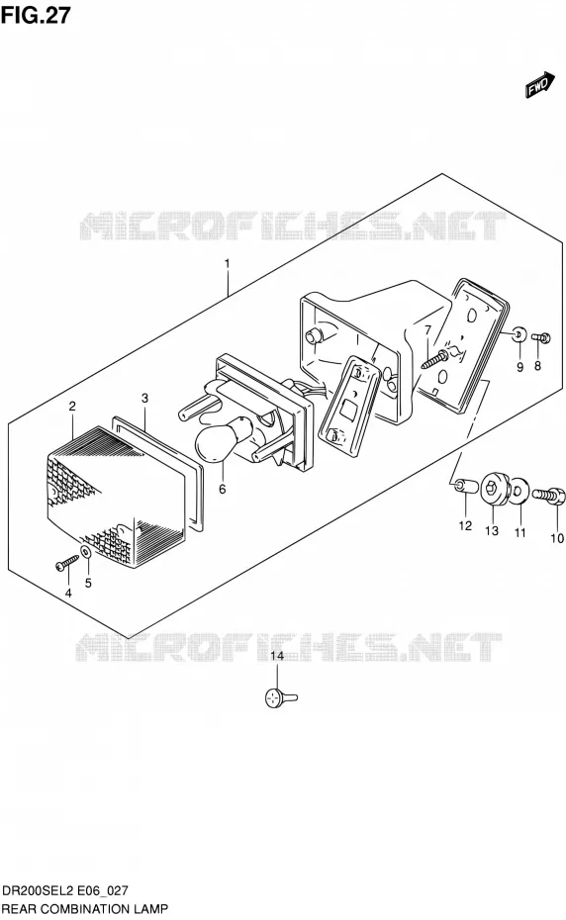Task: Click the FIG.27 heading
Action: pos(36,15)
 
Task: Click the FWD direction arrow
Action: pos(539,84)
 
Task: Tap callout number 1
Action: pos(228,263)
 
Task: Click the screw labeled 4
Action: pos(67,562)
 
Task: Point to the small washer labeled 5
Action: pos(86,552)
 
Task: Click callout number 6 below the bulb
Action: pos(222,488)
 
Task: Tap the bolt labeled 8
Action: pos(541,337)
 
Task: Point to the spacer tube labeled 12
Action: pos(465,486)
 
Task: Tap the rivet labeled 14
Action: pos(281,697)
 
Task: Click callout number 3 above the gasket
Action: pos(144,399)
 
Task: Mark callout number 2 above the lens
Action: pos(72,406)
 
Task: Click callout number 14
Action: pos(276,656)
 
